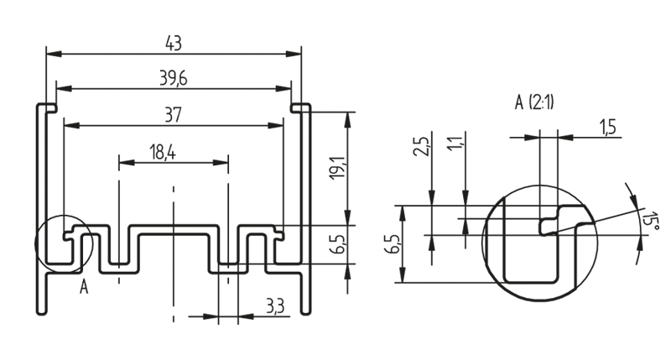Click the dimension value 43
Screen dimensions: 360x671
tap(173, 42)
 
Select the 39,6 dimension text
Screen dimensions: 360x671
tap(173, 78)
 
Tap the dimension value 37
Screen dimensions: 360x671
tap(173, 115)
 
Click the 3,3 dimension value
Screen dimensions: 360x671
tap(273, 306)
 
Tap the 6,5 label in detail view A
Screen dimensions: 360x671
tap(392, 244)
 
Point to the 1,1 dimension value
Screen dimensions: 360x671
tap(455, 144)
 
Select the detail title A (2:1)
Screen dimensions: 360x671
tap(534, 103)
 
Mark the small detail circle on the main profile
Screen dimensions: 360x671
tap(61, 244)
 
